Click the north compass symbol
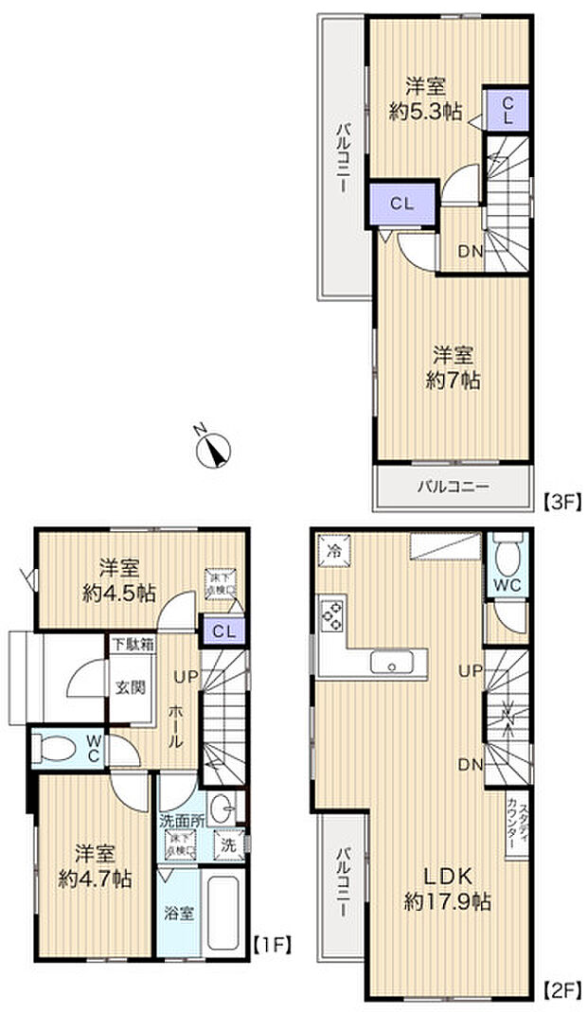[x=215, y=448]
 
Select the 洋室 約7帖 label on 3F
[x=454, y=367]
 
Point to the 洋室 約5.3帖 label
[x=425, y=98]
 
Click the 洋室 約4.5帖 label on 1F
[x=120, y=580]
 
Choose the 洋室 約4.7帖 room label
[x=94, y=864]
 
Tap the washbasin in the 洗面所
[x=222, y=809]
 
